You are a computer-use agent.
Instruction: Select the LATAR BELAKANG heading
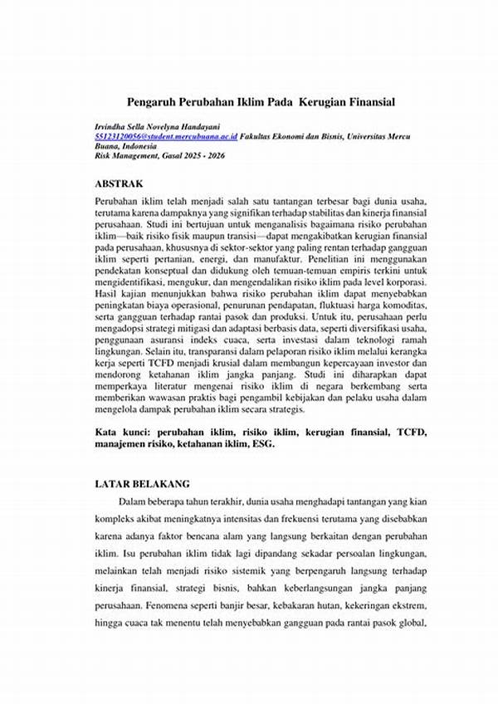click(x=142, y=482)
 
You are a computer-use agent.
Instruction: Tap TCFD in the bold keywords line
click(x=401, y=433)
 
